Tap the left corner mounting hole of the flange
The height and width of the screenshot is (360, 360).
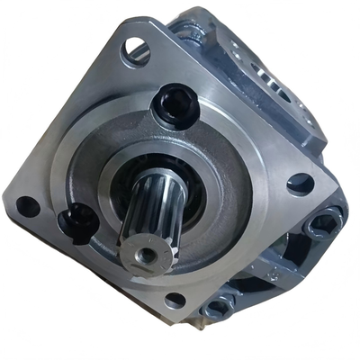28,206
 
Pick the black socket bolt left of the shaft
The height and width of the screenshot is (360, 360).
77,217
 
